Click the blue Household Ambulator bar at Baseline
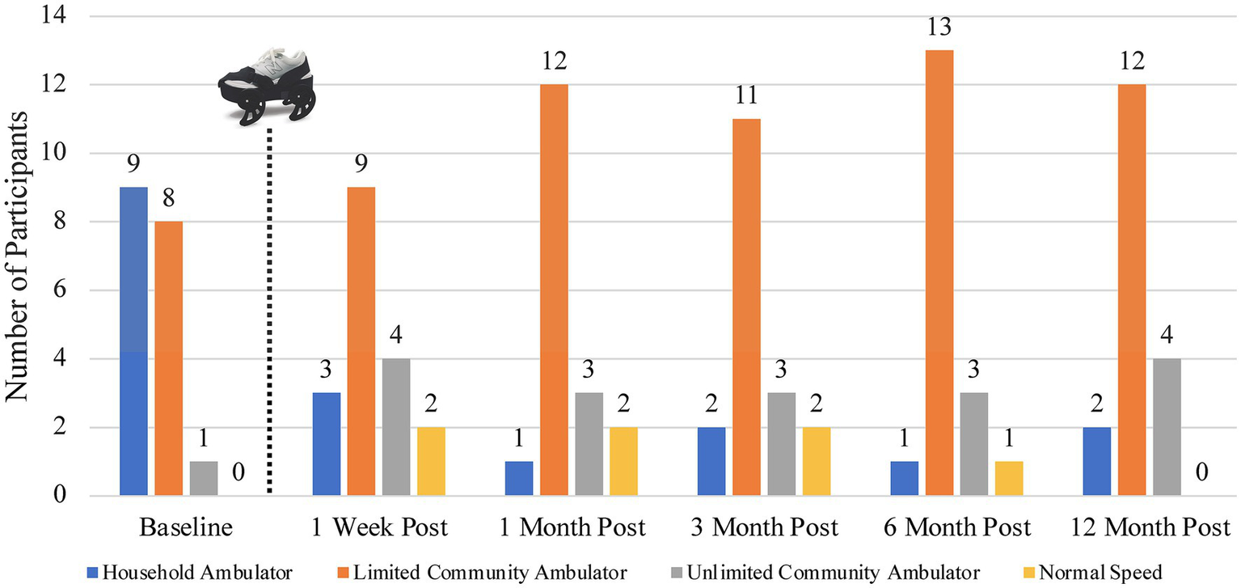point(133,341)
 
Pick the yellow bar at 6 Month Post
point(1009,478)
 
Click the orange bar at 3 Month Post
point(746,307)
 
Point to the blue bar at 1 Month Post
point(519,478)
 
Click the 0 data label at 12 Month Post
point(1202,473)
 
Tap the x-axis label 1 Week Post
point(380,528)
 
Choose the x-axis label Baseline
point(186,528)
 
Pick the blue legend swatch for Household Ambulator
point(91,573)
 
